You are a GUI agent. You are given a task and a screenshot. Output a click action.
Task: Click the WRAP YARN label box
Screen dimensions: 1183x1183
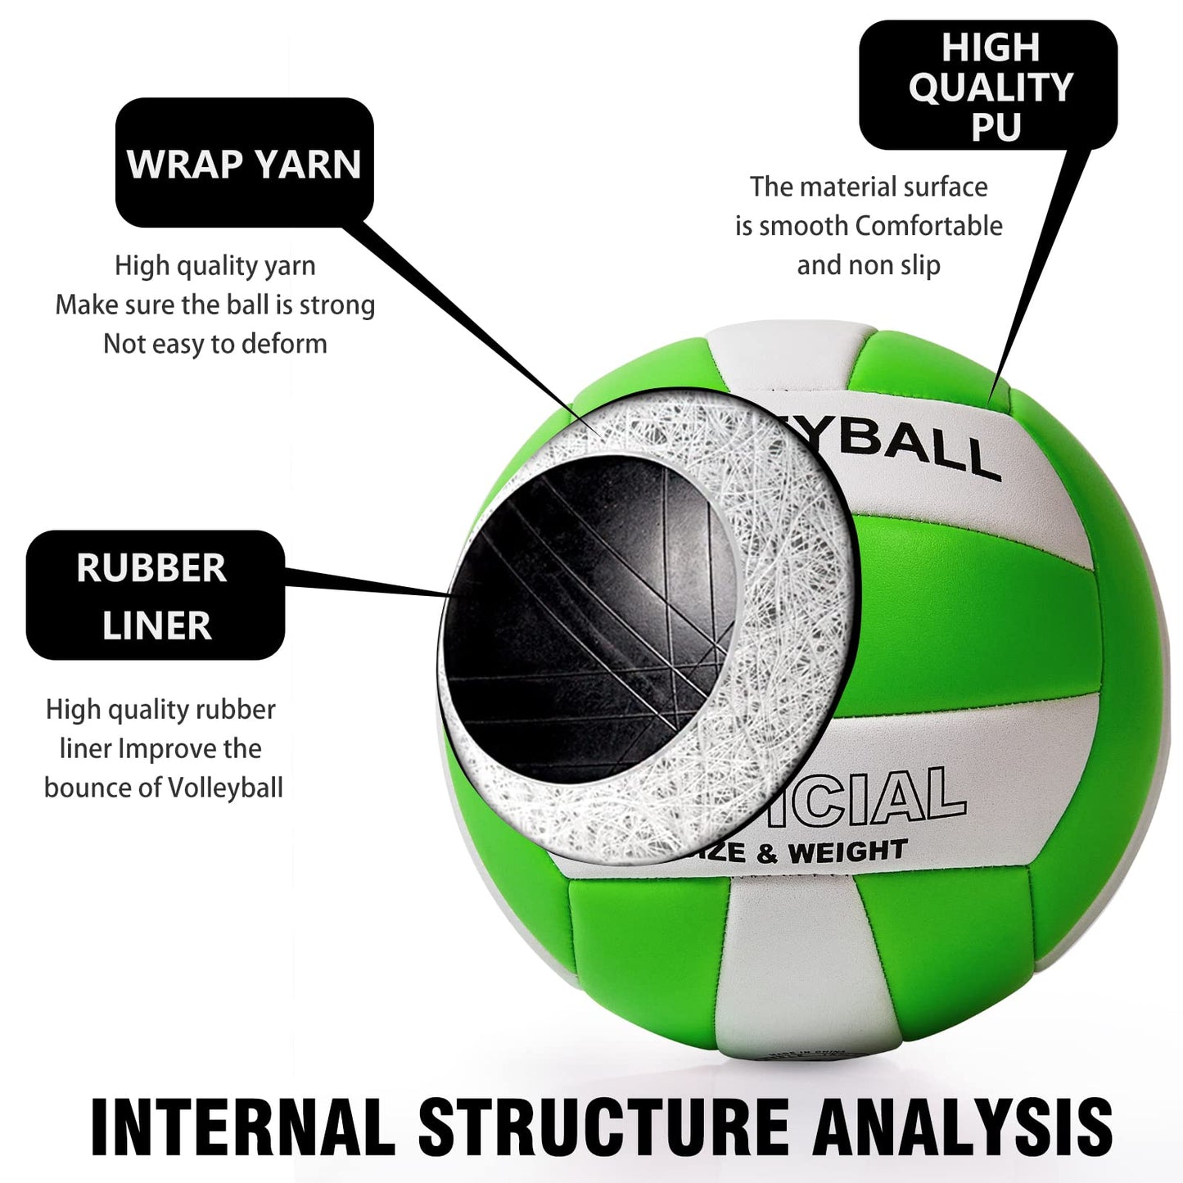(x=244, y=163)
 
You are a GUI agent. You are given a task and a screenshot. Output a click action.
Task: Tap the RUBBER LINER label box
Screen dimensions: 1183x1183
(x=155, y=595)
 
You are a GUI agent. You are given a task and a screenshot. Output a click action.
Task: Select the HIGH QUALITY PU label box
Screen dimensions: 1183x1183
(x=988, y=86)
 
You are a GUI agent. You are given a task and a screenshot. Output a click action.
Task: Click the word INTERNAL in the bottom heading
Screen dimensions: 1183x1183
(x=242, y=1127)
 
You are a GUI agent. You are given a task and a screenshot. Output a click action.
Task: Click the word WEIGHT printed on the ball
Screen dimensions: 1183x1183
(x=847, y=852)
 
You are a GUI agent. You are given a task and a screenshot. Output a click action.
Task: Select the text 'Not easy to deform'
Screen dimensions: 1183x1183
(x=215, y=344)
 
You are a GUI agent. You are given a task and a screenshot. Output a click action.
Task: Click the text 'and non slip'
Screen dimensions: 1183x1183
(x=869, y=265)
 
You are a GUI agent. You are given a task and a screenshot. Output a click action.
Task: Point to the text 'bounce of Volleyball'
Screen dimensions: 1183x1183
(x=163, y=788)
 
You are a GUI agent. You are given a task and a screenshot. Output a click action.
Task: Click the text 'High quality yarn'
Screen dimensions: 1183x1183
(x=215, y=265)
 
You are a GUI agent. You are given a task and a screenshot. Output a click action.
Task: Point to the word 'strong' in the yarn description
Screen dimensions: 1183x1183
(x=337, y=305)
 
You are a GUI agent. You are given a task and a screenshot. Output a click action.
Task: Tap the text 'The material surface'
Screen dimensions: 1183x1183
(x=869, y=187)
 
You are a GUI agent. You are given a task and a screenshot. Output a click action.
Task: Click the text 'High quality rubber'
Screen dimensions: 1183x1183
(x=160, y=709)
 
